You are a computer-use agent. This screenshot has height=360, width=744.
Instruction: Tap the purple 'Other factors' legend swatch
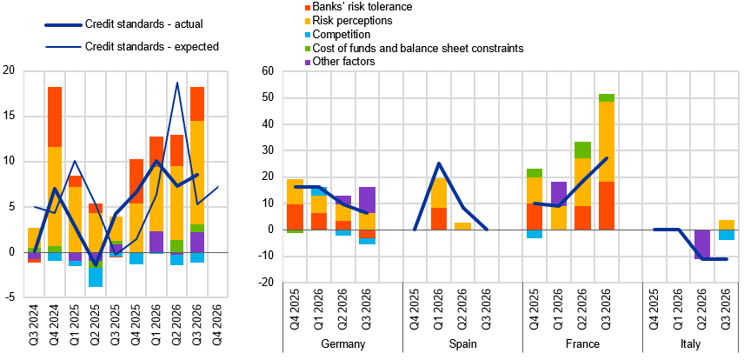308,62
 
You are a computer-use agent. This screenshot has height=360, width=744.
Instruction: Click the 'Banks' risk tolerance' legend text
362,7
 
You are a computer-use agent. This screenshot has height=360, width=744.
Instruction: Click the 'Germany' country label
343,344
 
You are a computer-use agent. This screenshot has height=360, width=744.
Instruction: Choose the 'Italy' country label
690,344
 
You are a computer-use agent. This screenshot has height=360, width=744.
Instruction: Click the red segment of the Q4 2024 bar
55,117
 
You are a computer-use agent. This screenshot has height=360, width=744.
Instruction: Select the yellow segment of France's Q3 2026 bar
607,142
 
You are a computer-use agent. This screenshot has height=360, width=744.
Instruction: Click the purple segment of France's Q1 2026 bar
559,194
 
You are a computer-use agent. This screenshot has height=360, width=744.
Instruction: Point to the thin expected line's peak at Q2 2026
177,83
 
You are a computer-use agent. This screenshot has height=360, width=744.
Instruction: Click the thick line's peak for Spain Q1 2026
439,163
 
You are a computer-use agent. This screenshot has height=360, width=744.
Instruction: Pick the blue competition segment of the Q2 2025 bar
96,277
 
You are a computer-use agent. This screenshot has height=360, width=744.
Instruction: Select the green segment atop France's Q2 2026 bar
583,150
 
